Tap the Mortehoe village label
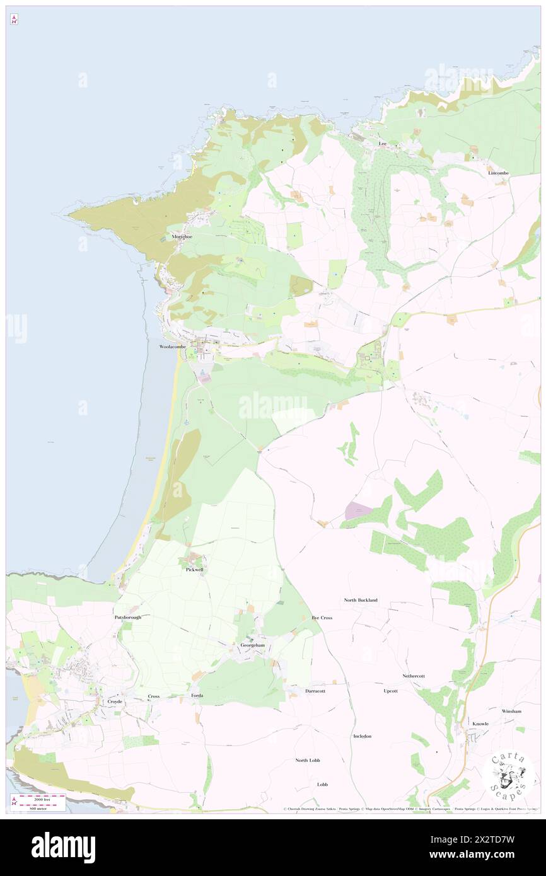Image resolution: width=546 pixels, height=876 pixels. click(182, 237)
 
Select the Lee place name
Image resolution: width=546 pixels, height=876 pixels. click(382, 144)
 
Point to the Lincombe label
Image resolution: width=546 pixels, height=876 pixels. click(497, 173)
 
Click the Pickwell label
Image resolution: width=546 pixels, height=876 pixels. click(195, 569)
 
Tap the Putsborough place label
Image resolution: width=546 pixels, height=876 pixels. click(128, 617)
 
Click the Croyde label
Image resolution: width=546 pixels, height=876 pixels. click(114, 701)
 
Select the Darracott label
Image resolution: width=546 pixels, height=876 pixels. click(315, 691)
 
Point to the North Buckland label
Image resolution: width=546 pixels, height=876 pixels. click(361, 600)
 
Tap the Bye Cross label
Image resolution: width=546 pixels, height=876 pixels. click(322, 618)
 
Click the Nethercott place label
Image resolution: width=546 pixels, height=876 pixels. click(414, 676)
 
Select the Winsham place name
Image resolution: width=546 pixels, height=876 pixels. click(511, 711)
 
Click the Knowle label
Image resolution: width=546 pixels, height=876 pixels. click(480, 723)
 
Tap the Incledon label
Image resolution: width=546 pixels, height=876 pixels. click(363, 736)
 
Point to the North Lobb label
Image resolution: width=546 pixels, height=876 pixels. click(308, 760)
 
